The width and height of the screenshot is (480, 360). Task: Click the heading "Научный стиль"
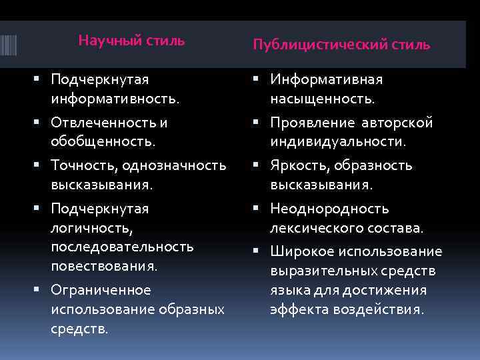pos(131,41)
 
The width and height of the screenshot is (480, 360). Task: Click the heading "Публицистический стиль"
pos(341,45)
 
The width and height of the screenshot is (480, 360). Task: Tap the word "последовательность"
pos(122,247)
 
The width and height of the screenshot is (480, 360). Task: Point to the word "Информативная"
pos(326,80)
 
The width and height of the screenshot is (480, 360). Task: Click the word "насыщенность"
pos(322,99)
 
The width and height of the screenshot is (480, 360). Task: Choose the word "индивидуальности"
pos(337,141)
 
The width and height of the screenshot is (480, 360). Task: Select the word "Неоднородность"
pos(329,209)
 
